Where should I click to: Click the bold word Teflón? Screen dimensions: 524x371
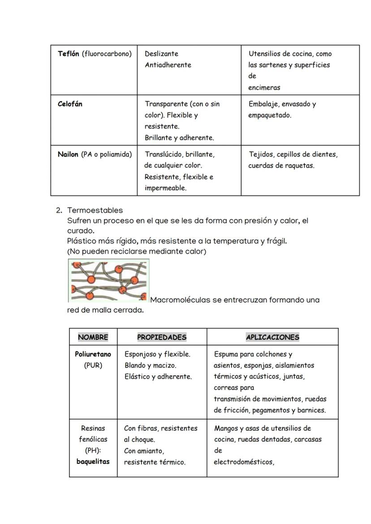(69, 54)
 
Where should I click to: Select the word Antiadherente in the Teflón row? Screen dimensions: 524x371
(168, 65)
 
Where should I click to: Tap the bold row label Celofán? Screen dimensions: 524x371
(70, 104)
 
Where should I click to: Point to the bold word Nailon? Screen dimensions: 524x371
(68, 155)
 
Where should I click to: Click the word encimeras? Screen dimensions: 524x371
(264, 88)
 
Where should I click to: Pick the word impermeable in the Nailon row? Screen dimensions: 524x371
(165, 188)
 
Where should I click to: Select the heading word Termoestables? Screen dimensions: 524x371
(95, 210)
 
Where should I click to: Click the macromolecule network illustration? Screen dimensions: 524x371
(108, 281)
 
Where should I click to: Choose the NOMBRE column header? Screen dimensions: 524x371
(93, 337)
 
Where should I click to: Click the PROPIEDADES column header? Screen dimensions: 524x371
(162, 337)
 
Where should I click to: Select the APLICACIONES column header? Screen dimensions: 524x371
(272, 337)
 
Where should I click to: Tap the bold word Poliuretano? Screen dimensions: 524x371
(93, 354)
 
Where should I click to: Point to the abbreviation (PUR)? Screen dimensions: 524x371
(93, 365)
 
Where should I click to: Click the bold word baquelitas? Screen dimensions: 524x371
(93, 462)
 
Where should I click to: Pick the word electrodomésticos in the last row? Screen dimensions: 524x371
(243, 462)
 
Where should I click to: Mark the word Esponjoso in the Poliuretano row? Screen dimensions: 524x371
(140, 354)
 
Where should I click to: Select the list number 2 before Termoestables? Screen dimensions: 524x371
(58, 210)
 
